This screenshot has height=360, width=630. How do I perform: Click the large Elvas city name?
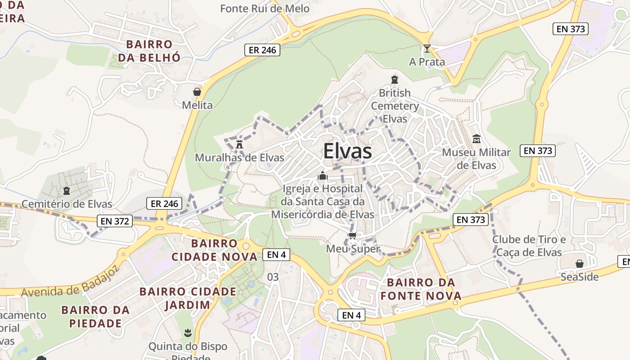tap(347, 151)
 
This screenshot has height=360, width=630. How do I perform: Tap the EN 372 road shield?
tap(115, 221)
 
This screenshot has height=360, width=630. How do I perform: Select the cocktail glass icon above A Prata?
tap(427, 49)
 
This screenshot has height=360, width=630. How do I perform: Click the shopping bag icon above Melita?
tap(197, 92)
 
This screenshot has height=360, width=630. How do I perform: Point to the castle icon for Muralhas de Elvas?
tap(239, 144)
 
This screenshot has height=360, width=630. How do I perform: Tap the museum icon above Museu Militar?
tap(476, 139)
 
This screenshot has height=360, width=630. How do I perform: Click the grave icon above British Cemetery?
tap(395, 80)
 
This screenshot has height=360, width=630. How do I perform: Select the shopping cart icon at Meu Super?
tap(353, 235)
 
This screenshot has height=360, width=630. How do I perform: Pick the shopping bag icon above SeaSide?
tap(580, 264)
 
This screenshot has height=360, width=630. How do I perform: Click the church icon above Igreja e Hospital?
tap(322, 175)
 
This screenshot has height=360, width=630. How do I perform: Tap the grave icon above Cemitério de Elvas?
tap(67, 191)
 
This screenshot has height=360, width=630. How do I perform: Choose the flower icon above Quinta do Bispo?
tap(188, 333)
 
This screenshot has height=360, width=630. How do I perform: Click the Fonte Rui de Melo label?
tap(265, 9)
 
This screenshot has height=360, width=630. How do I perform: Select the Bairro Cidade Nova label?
tap(214, 250)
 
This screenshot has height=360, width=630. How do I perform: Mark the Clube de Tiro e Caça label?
tap(529, 246)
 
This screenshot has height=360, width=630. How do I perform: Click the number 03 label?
tap(273, 277)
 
